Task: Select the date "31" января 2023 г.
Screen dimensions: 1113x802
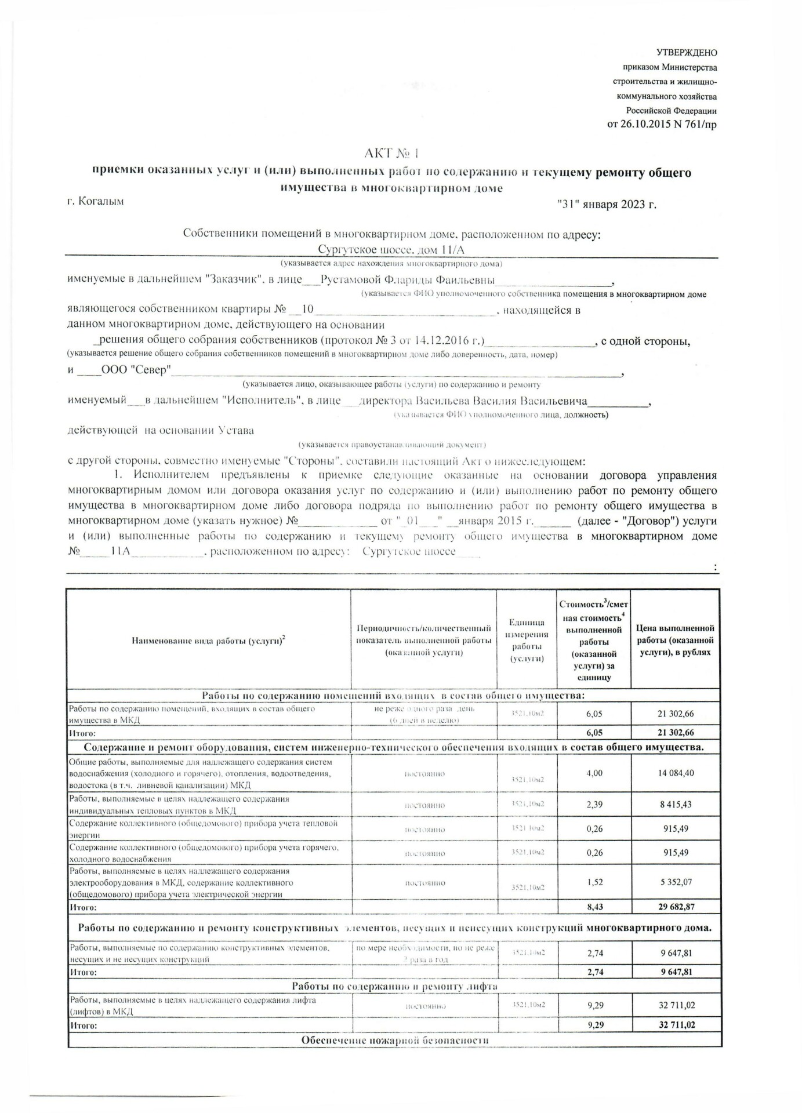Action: point(606,204)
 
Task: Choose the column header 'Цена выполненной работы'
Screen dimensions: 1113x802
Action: point(675,640)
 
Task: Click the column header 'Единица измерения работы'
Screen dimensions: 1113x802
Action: point(527,640)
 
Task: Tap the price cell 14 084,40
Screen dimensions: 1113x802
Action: point(676,773)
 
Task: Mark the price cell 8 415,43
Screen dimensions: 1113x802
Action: point(676,805)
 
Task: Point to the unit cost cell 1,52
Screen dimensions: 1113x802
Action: point(594,882)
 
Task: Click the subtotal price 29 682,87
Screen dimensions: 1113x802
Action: point(676,907)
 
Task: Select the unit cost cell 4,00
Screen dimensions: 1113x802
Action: point(594,773)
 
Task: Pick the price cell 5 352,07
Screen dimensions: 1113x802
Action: point(676,882)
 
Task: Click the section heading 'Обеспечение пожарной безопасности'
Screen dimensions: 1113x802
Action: point(394,1040)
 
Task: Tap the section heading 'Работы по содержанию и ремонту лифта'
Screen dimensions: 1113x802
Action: point(394,986)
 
